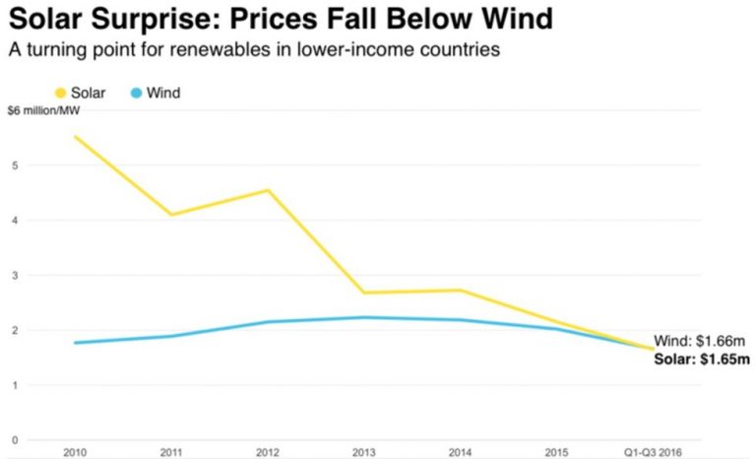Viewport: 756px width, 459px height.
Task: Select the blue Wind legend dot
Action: tap(137, 94)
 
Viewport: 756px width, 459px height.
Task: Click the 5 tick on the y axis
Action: tap(15, 165)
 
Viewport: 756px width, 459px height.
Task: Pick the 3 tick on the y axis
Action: tap(15, 275)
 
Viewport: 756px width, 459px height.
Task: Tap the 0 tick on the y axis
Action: tap(15, 439)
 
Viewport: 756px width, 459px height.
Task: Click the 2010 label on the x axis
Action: tap(74, 451)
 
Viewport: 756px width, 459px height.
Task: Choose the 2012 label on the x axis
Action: tap(267, 451)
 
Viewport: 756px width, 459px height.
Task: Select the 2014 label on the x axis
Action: tap(460, 451)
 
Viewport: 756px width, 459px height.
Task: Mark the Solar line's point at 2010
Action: tap(75, 137)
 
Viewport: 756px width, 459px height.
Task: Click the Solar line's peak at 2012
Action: tap(268, 190)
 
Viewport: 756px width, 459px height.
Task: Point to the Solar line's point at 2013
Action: tap(364, 293)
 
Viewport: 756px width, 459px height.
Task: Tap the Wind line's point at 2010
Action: tap(75, 343)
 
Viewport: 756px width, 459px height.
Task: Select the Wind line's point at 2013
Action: tap(364, 317)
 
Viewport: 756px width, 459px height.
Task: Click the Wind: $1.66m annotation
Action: tap(702, 341)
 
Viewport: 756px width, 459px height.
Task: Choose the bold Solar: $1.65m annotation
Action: tap(702, 359)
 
